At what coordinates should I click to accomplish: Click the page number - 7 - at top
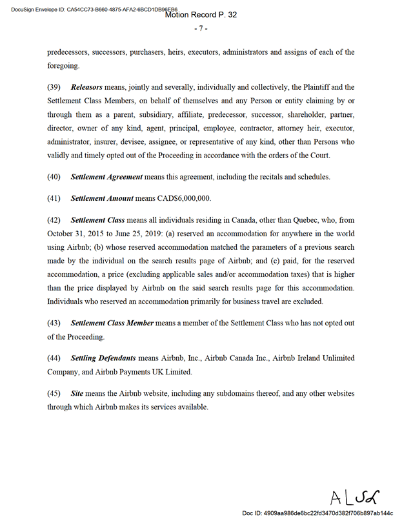[201, 28]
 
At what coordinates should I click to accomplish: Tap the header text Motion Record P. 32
[201, 14]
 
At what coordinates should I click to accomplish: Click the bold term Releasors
[86, 87]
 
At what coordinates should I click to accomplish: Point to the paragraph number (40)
[54, 176]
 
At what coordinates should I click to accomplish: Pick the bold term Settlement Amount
[102, 198]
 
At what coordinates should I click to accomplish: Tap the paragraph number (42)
[54, 220]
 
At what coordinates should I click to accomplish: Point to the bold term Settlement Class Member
[112, 322]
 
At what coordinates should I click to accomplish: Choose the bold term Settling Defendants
[103, 358]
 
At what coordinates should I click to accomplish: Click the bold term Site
[77, 393]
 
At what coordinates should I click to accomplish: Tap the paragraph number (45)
[54, 393]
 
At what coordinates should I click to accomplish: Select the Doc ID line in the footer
[317, 513]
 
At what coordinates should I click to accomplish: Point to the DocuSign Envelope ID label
[39, 10]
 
